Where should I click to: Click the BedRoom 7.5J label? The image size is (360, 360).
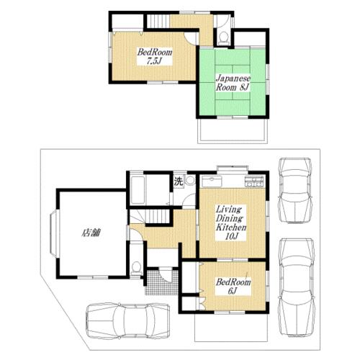coord(155,57)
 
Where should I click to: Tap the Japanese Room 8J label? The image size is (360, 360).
coord(233,83)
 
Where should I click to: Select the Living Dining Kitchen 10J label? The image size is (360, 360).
coord(231,222)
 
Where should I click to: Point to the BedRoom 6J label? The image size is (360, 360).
coord(233,286)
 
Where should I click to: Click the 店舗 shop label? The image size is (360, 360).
coord(91,233)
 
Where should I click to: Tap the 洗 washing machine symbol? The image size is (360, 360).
coord(179,181)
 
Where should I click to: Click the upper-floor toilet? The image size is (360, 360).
coord(224,38)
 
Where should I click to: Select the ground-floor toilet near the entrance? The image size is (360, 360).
coord(137,269)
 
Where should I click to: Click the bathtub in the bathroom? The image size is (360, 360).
coord(138,190)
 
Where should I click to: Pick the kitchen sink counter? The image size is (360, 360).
coord(212,181)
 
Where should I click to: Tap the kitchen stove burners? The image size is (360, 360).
coord(254,181)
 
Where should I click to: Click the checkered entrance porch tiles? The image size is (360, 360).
coord(161,282)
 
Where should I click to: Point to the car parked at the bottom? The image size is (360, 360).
coord(127,320)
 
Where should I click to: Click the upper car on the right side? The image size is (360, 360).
coord(295,191)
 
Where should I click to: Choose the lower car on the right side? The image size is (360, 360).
coord(297,287)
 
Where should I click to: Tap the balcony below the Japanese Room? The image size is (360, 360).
coord(233,131)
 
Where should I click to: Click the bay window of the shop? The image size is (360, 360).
coord(54,233)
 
